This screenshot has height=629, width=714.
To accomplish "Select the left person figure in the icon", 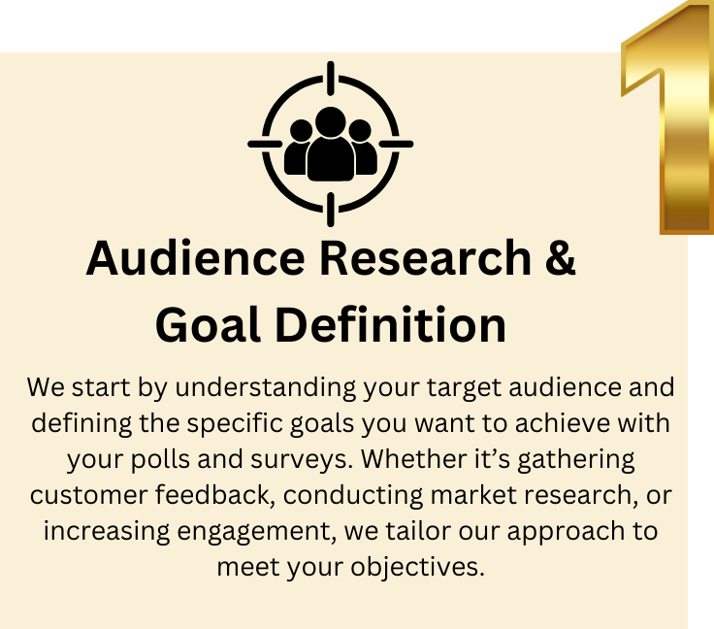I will tap(300, 151).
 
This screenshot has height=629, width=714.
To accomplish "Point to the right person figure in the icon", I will tap(361, 151).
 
